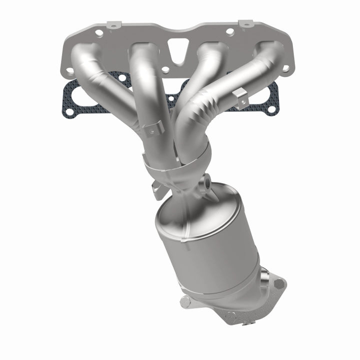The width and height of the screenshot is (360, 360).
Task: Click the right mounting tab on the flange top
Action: [x=245, y=23]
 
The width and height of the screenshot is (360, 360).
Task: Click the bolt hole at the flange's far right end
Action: [x=285, y=69]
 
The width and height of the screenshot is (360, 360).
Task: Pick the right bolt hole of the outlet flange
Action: [x=279, y=283]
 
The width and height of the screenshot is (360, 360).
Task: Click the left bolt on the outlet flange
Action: [x=185, y=301]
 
